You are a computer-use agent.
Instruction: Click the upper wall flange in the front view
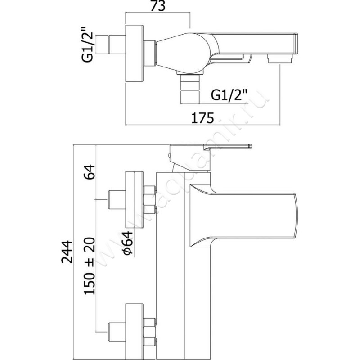134,199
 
